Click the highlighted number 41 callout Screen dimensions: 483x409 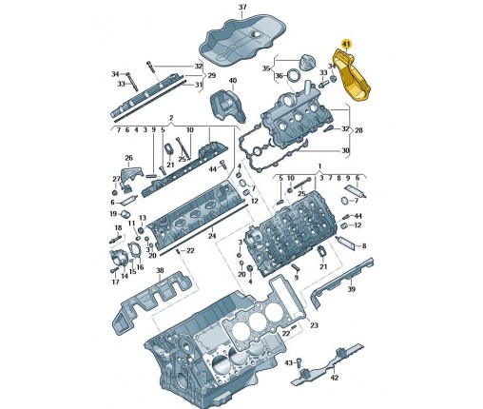coord(346,44)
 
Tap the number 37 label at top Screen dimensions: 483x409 coord(242,7)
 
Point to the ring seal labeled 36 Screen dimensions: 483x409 coord(294,76)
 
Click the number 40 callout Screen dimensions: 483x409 coord(233,81)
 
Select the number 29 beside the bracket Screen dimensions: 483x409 coord(211,75)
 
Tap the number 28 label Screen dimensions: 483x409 coord(358,130)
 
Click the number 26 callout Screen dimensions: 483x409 coord(128,158)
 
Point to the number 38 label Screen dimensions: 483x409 coord(160,270)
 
